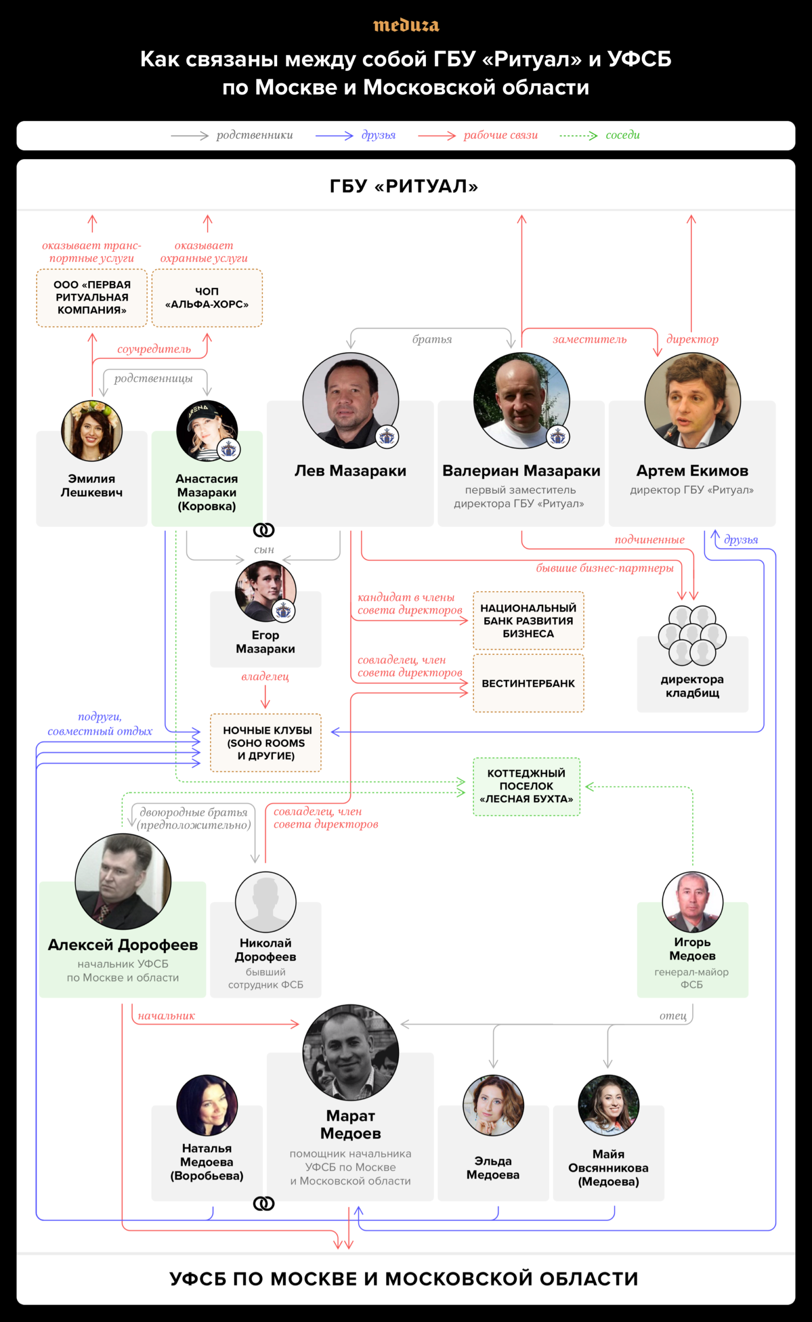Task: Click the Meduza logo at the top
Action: (x=406, y=25)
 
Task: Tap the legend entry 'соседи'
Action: (x=623, y=135)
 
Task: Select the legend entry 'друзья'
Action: (x=378, y=135)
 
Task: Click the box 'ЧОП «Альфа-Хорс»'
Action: (x=207, y=297)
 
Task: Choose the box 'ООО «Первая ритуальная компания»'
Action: (x=92, y=297)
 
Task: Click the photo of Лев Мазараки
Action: (x=350, y=400)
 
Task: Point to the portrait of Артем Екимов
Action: (x=692, y=400)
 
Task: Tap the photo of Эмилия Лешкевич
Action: (x=92, y=430)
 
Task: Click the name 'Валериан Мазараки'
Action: (x=521, y=470)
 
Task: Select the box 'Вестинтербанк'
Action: (x=529, y=683)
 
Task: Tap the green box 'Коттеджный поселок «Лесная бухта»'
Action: (x=527, y=786)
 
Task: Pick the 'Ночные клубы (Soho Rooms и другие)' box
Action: (x=266, y=743)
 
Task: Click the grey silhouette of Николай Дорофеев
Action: (x=265, y=902)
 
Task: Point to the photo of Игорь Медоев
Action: (x=692, y=902)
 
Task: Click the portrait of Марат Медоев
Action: (x=350, y=1052)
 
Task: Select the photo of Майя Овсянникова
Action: (x=609, y=1105)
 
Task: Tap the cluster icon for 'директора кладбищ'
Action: (x=692, y=635)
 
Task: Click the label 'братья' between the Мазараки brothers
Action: (x=432, y=339)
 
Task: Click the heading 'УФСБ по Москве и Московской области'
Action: (x=404, y=1279)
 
